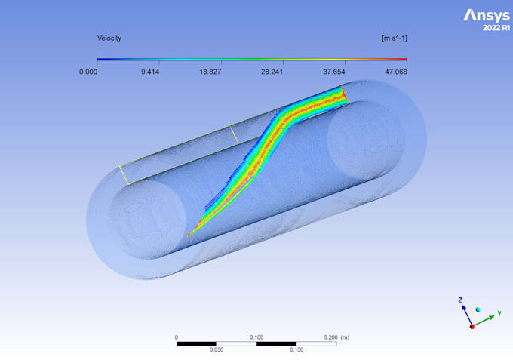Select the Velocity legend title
coord(109,38)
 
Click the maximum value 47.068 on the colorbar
coord(395,72)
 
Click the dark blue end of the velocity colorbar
coord(100,60)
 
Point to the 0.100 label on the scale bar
coord(256,337)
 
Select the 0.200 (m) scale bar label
coord(336,337)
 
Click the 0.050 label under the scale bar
coord(217,350)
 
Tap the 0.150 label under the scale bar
coord(296,350)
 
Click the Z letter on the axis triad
coord(460,300)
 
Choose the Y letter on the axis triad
coord(499,312)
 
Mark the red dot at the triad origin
coord(472,326)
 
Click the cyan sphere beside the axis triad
coord(478,309)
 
